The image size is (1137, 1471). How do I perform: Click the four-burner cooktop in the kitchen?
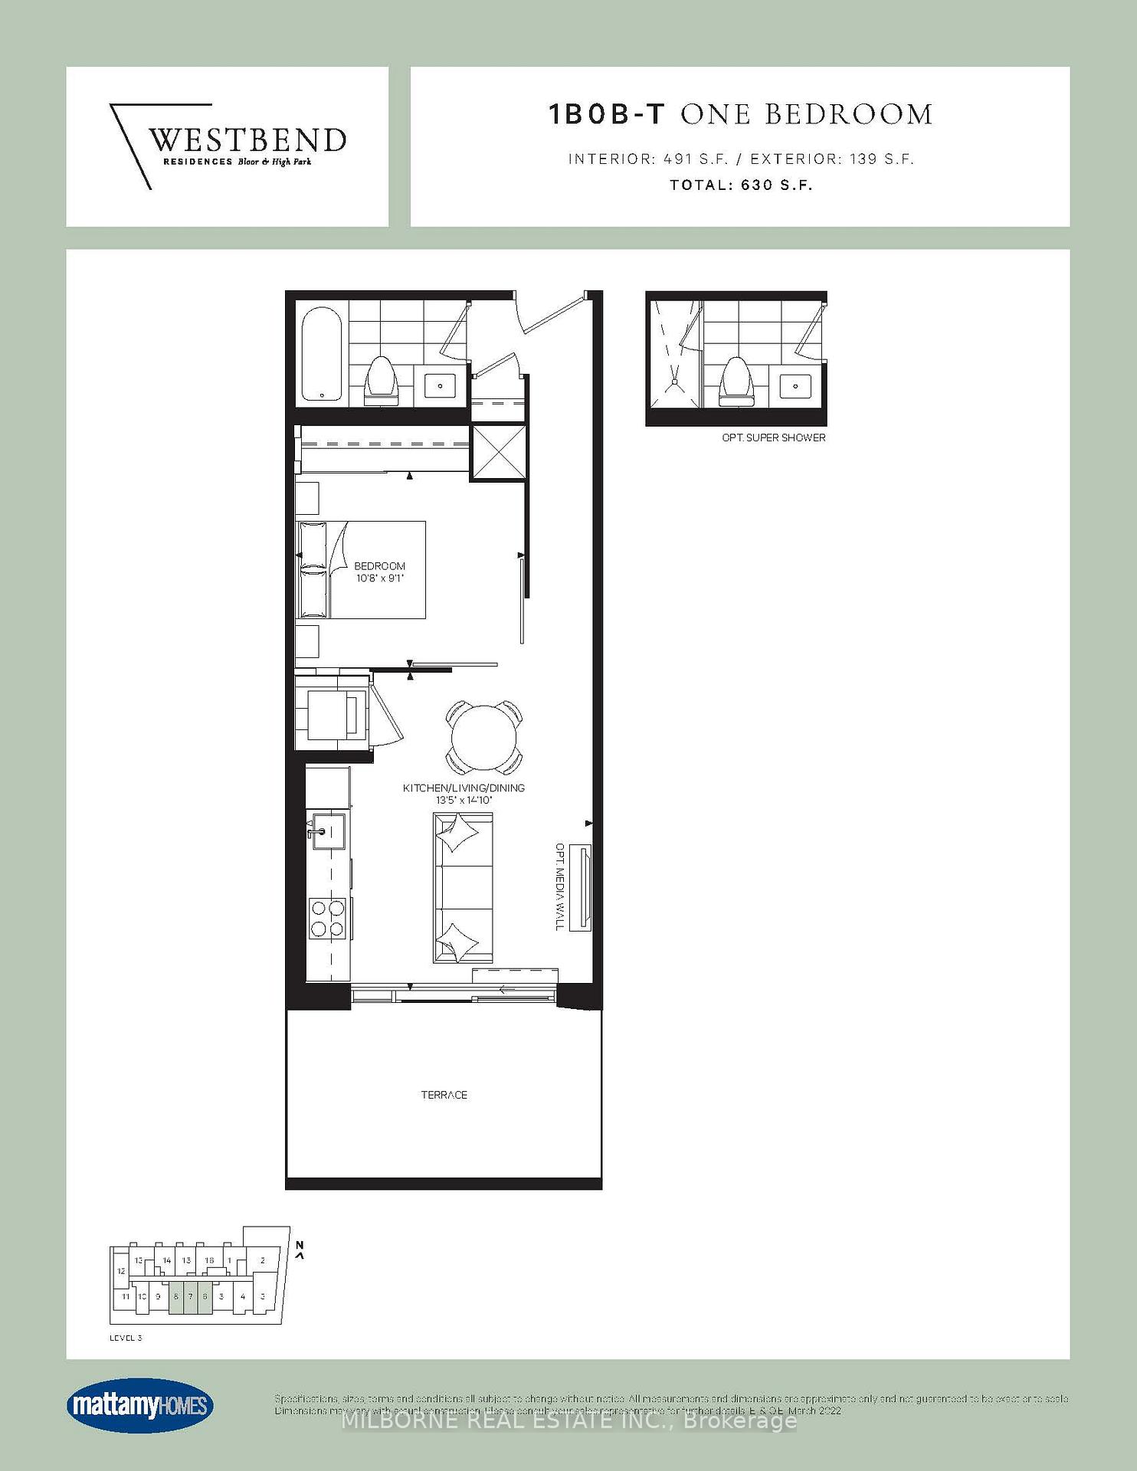[x=327, y=918]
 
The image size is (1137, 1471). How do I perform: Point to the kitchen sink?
[x=326, y=831]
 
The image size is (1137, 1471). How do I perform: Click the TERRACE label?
[x=444, y=1095]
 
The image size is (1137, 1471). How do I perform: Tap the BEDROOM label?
[x=379, y=566]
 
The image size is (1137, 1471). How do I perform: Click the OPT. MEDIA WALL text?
[x=560, y=887]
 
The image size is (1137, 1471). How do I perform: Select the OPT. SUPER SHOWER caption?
[x=774, y=437]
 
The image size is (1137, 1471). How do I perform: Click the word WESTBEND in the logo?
[x=246, y=140]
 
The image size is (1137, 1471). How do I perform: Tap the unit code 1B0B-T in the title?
[x=608, y=114]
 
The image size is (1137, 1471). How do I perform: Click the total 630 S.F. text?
[x=741, y=185]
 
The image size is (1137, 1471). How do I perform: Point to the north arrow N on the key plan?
[x=300, y=1245]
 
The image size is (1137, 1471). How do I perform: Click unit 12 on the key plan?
[x=121, y=1271]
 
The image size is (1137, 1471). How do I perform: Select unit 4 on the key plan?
[x=243, y=1296]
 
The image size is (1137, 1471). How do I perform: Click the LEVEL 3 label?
[x=126, y=1338]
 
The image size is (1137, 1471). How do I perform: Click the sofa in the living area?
[x=463, y=887]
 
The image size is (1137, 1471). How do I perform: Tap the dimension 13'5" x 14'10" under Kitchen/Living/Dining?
[x=464, y=800]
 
